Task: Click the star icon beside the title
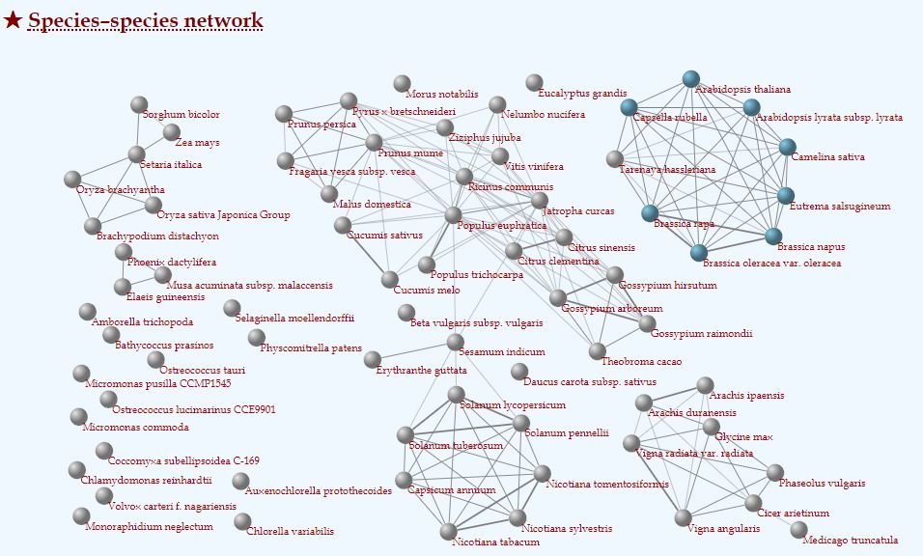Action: [13, 20]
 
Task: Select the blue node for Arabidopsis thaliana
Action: [691, 79]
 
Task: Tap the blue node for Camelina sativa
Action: [788, 147]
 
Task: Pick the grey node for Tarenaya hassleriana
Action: [615, 159]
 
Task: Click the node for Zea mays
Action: [171, 132]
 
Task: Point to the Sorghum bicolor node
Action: [139, 104]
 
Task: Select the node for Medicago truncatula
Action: [798, 530]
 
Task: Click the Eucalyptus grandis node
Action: [534, 82]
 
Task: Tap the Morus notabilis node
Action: [402, 84]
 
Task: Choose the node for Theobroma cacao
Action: [597, 351]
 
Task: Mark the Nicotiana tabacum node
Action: [449, 532]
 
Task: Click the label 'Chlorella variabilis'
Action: [291, 531]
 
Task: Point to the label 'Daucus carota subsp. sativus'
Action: [590, 382]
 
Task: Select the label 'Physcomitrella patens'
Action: [311, 347]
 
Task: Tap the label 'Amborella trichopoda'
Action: [142, 321]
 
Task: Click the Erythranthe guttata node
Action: [372, 359]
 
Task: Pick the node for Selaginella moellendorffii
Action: [232, 308]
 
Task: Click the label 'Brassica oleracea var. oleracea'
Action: [771, 263]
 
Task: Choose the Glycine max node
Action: [712, 427]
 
